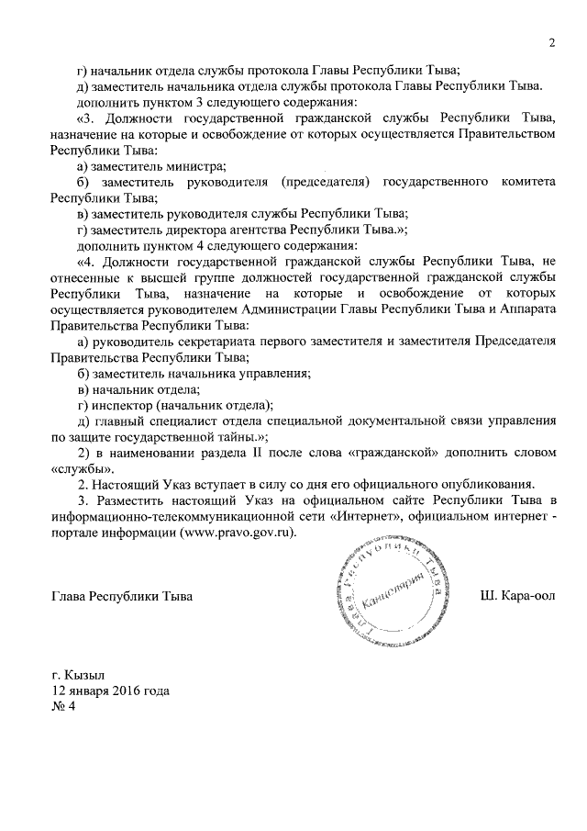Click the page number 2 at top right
(x=553, y=41)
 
